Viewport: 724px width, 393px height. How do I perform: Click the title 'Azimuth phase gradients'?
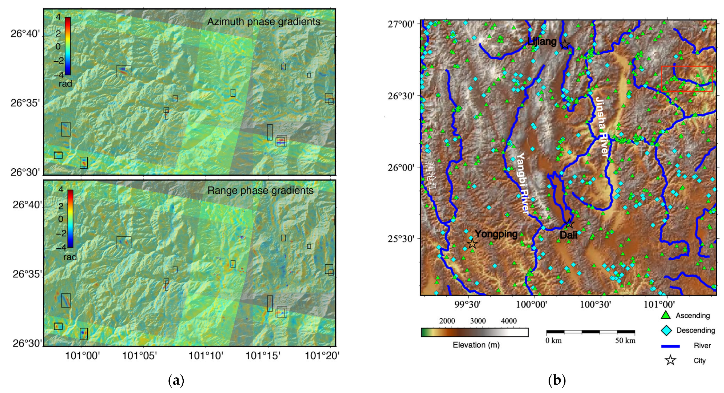pos(264,22)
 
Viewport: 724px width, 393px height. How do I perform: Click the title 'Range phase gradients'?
pos(260,191)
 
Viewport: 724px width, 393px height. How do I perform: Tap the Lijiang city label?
pos(542,41)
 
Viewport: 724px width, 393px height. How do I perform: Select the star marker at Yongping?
pos(472,244)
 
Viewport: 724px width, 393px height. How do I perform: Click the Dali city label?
pos(568,235)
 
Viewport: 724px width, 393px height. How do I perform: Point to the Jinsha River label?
pos(602,127)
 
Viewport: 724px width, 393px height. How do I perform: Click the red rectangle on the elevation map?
pos(686,79)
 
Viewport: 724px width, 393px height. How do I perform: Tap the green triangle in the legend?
pos(665,315)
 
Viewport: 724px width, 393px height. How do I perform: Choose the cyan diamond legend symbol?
pos(666,330)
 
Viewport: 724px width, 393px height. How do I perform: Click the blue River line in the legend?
pos(670,346)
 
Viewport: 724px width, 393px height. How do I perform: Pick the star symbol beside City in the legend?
pos(670,361)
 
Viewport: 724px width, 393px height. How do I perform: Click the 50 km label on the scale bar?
pos(625,341)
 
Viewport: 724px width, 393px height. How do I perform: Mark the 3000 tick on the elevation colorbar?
pos(478,321)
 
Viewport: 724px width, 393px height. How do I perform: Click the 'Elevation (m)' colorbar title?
pos(476,345)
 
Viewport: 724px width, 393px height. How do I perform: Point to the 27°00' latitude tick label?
pos(401,24)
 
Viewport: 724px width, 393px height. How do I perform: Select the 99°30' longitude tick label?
pos(468,304)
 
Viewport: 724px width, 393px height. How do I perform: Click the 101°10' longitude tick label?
pos(206,356)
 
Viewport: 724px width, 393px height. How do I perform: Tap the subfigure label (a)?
pos(176,381)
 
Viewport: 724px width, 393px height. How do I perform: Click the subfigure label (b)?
pos(557,381)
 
